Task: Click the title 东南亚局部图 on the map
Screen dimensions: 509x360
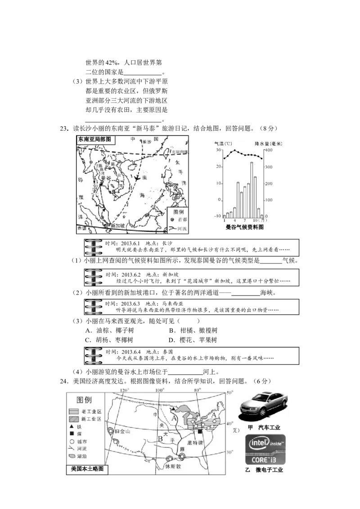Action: tap(94, 139)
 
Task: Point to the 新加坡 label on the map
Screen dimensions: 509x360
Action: tap(118, 226)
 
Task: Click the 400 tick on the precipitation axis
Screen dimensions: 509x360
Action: tap(268, 150)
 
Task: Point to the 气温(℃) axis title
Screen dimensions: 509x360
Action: tap(223, 144)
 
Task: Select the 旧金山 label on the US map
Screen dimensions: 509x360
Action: tap(122, 431)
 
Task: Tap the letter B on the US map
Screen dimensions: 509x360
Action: tap(160, 438)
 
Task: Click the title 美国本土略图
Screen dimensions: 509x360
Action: tap(87, 469)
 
